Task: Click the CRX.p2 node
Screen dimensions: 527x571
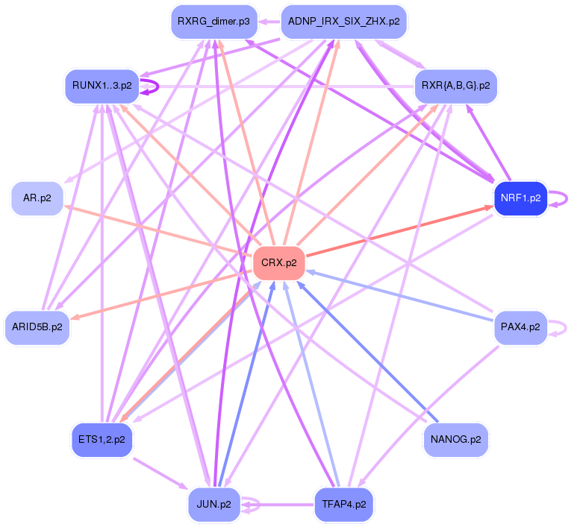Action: click(x=279, y=263)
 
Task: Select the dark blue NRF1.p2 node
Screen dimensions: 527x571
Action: click(x=520, y=198)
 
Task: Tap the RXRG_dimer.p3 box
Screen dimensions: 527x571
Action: click(x=213, y=22)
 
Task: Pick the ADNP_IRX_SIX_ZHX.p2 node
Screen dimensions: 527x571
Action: click(x=343, y=22)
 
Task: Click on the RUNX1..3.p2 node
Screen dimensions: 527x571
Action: click(x=102, y=85)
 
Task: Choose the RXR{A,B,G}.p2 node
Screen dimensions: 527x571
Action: click(x=455, y=85)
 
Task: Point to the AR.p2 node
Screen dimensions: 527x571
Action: click(x=37, y=198)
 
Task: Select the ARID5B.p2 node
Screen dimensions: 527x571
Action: click(x=37, y=326)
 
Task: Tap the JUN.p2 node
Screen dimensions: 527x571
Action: click(x=213, y=504)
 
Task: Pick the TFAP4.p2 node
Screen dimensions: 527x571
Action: click(x=343, y=504)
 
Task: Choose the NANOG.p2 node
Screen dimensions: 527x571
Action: click(x=455, y=440)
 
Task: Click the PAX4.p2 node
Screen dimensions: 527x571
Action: click(x=520, y=326)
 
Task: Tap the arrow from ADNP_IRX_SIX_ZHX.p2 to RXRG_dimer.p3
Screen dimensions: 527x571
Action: click(x=269, y=22)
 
